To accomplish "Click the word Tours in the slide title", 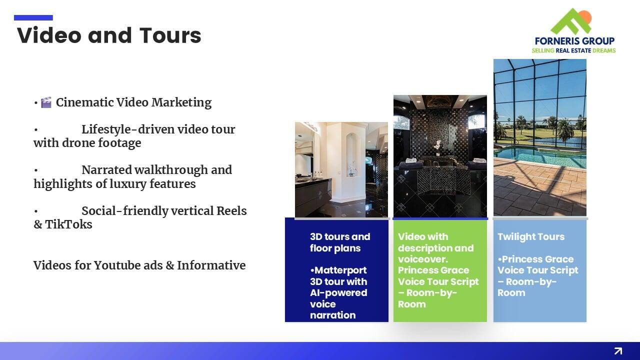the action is click(170, 35).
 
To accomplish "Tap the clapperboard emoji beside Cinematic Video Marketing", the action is click(46, 102).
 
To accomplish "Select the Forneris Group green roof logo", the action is click(571, 21).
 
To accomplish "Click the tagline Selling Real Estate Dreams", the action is click(573, 50).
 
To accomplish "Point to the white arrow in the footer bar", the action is click(618, 350).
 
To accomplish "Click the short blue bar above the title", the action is click(33, 17).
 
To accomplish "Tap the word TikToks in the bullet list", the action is click(68, 224).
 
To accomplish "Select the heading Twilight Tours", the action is click(531, 236).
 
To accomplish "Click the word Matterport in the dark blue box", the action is click(340, 270).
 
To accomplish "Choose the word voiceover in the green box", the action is click(423, 259).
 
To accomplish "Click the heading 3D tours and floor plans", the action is click(340, 242).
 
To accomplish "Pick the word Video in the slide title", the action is click(49, 35).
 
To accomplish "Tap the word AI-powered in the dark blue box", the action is click(338, 293).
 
